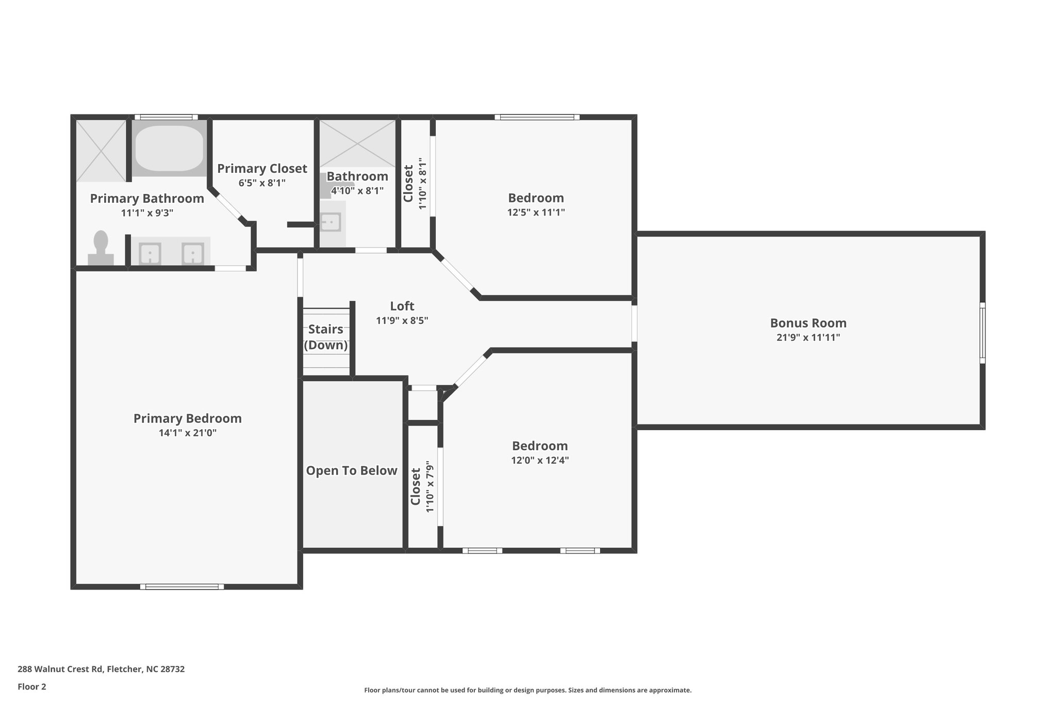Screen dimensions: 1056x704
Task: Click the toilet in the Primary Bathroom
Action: pyautogui.click(x=101, y=248)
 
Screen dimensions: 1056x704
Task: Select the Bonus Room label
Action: pyautogui.click(x=808, y=323)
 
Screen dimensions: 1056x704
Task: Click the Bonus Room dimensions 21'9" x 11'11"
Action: pyautogui.click(x=808, y=337)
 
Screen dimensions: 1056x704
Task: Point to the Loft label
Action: pyautogui.click(x=402, y=306)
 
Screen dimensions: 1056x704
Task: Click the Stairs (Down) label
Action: pyautogui.click(x=326, y=337)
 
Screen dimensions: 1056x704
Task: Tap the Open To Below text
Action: pyautogui.click(x=352, y=470)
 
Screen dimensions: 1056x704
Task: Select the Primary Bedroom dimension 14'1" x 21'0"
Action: pyautogui.click(x=188, y=433)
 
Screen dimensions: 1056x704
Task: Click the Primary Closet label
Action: pyautogui.click(x=262, y=169)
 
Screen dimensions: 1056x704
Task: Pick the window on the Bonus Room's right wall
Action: pyautogui.click(x=983, y=333)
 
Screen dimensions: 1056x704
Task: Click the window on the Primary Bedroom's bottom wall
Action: pyautogui.click(x=182, y=586)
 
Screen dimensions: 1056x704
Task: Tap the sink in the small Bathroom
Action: pyautogui.click(x=331, y=222)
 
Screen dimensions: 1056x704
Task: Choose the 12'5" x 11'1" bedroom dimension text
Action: pyautogui.click(x=536, y=212)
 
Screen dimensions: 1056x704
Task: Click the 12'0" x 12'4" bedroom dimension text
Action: pyautogui.click(x=540, y=460)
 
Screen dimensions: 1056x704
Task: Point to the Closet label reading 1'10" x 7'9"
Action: pyautogui.click(x=422, y=486)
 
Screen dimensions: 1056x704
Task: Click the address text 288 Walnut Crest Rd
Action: pyautogui.click(x=61, y=669)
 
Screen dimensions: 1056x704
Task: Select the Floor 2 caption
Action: pyautogui.click(x=32, y=686)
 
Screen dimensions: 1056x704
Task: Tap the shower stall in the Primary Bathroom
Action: pyautogui.click(x=101, y=151)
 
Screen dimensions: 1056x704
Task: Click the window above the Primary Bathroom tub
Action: pyautogui.click(x=166, y=117)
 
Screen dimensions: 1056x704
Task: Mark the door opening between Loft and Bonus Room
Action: pyautogui.click(x=634, y=323)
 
